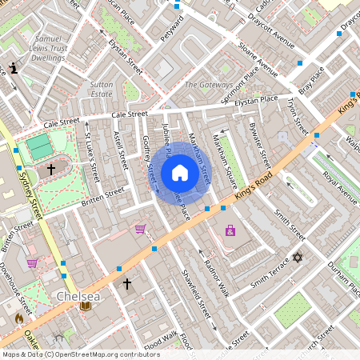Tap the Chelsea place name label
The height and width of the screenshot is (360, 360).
78,296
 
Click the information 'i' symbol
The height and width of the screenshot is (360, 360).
14,69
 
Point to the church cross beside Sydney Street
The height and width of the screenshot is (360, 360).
51,170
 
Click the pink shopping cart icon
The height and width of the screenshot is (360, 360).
141,229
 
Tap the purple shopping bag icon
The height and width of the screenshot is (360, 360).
230,230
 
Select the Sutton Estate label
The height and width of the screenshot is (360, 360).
102,88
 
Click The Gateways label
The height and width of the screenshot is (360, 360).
209,85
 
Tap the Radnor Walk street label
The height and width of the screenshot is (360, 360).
216,275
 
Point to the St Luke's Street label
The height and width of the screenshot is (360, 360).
91,157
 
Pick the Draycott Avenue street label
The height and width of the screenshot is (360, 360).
271,27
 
